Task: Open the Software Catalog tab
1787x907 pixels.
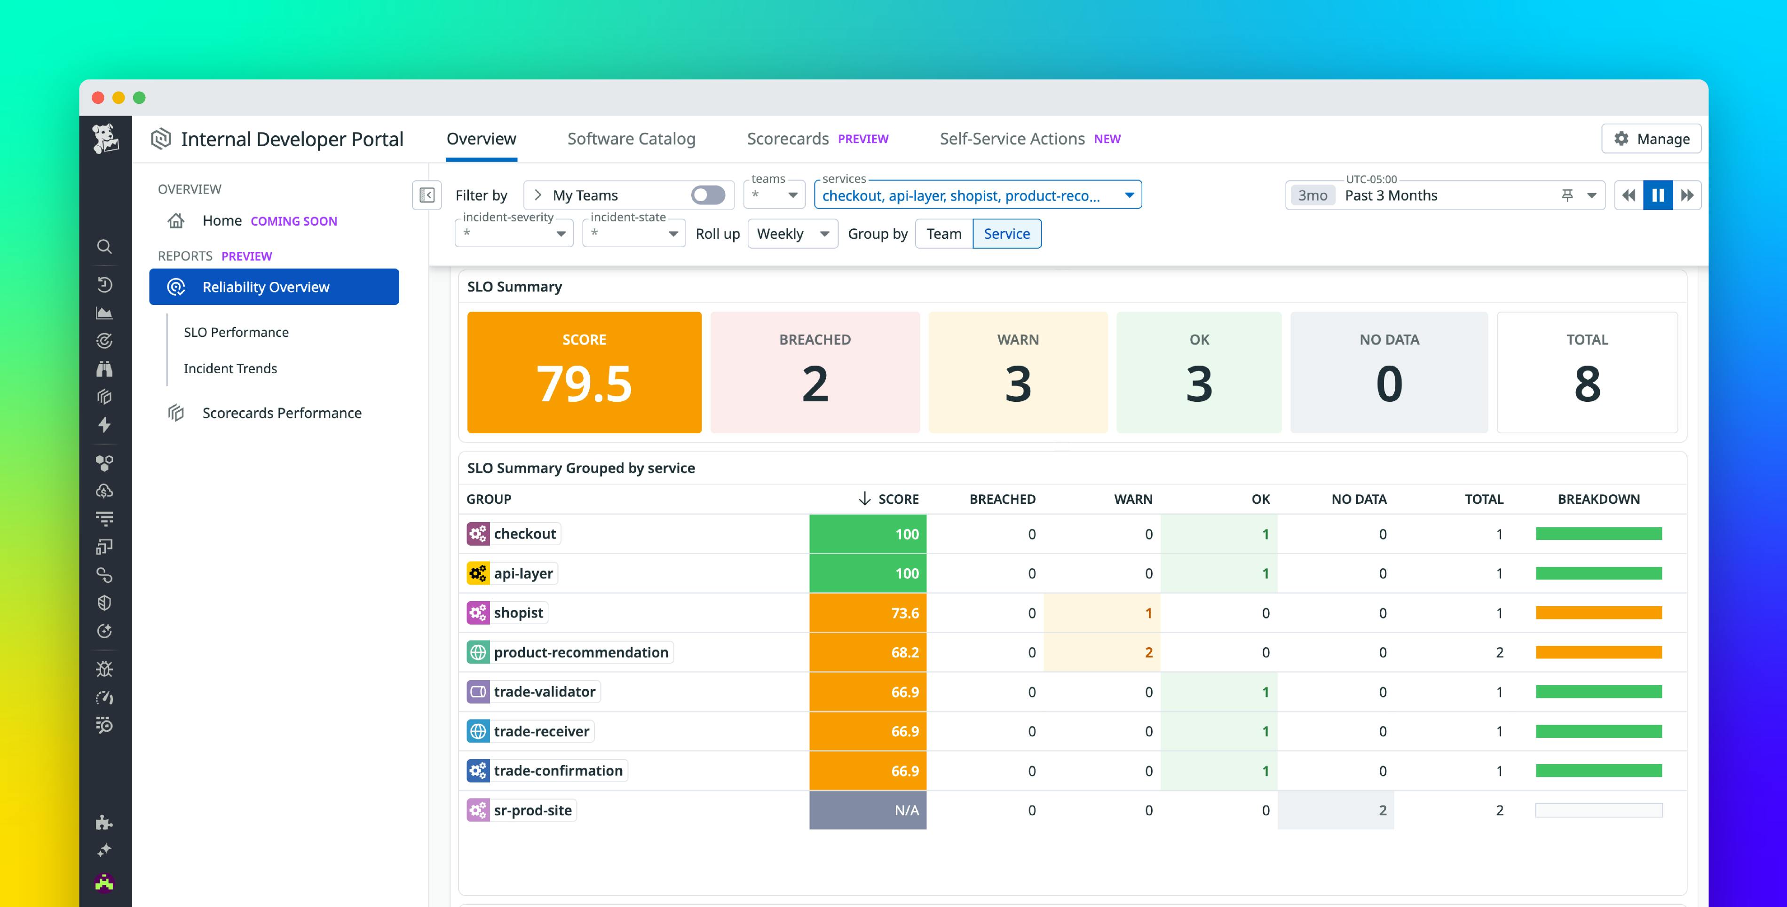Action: point(631,139)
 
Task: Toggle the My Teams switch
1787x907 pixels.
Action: point(708,195)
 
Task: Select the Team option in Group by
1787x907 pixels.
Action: point(943,234)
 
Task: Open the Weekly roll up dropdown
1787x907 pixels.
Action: point(792,234)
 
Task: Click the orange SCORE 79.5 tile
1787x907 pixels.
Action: point(584,372)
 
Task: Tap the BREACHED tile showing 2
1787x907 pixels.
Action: point(814,372)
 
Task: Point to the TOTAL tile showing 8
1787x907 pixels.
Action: point(1587,372)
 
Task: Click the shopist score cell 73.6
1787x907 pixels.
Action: point(867,613)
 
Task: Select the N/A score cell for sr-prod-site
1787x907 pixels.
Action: point(867,810)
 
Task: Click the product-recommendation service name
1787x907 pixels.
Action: point(581,652)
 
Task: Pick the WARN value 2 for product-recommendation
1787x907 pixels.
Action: point(1148,652)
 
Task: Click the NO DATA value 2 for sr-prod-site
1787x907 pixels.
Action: point(1382,810)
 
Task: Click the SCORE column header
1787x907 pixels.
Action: point(898,499)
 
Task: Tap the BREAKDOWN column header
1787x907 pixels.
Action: point(1598,499)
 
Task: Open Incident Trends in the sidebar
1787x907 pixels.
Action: point(230,368)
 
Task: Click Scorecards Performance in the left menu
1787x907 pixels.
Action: point(282,413)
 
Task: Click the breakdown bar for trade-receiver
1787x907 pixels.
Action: point(1598,731)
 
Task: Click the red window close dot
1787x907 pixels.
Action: point(98,98)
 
